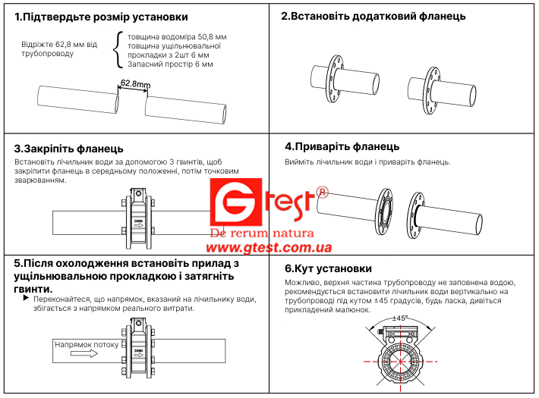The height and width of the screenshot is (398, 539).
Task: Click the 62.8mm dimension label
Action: click(x=135, y=83)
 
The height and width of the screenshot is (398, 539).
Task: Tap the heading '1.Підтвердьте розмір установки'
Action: click(x=101, y=17)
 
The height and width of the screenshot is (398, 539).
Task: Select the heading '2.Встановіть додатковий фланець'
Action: click(x=374, y=16)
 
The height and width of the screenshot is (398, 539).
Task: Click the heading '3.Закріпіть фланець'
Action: click(x=69, y=149)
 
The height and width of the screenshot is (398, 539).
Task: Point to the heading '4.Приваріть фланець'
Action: click(x=342, y=146)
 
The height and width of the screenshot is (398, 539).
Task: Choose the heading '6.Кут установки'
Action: click(x=328, y=268)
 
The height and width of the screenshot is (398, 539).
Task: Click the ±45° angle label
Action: click(x=400, y=318)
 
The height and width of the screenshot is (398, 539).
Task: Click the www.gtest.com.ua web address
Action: click(x=269, y=247)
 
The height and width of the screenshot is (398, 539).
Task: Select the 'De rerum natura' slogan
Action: click(x=262, y=233)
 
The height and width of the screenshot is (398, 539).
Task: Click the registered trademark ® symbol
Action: click(x=322, y=192)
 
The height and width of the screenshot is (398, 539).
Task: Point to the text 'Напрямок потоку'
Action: click(x=87, y=344)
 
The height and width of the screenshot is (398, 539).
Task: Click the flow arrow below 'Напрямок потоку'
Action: click(x=84, y=353)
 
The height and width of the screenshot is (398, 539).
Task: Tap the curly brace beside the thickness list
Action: click(x=118, y=50)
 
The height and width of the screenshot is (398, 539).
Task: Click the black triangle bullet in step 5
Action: click(x=26, y=298)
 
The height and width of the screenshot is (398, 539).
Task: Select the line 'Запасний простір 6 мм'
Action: click(x=170, y=64)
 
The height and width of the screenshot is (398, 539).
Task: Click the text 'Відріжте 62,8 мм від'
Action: click(x=59, y=44)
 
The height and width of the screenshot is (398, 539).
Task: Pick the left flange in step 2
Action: click(x=334, y=79)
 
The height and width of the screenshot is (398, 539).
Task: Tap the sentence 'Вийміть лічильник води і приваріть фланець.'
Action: click(x=367, y=161)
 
